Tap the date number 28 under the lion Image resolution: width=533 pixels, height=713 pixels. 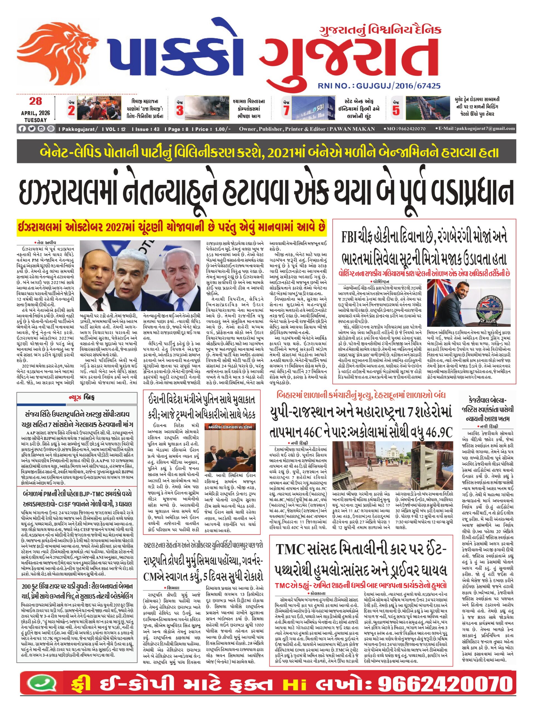(35, 101)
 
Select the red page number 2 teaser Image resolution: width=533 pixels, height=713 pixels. (71, 110)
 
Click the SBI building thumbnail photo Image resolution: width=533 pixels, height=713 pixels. (313, 108)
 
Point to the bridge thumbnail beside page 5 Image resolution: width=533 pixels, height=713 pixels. (427, 108)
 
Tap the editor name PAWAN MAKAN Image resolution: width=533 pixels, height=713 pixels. (352, 129)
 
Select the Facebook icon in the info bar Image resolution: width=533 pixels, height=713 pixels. (22, 129)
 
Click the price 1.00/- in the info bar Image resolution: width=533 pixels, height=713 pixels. (223, 129)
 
